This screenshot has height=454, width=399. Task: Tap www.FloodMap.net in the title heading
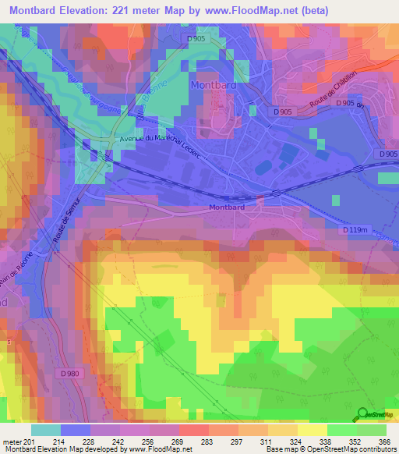click(250, 10)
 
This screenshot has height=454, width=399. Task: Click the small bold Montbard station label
click(227, 207)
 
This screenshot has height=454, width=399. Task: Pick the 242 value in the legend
click(119, 442)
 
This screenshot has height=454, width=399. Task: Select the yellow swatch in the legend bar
click(312, 430)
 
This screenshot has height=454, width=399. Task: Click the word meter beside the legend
click(12, 442)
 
